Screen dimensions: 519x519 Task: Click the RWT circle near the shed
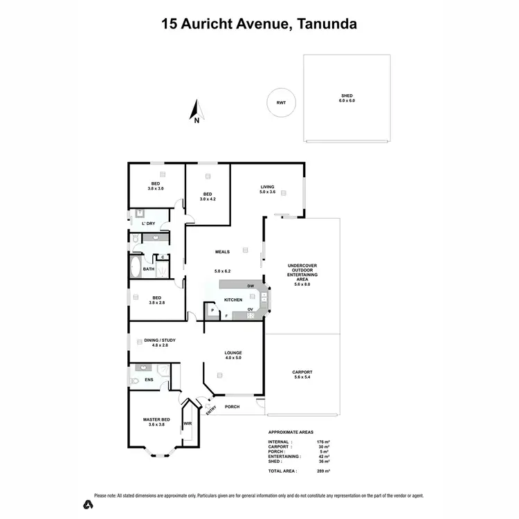click(281, 104)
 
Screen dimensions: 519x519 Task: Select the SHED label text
click(346, 96)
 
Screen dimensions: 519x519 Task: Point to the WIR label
click(188, 424)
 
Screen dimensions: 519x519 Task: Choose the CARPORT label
click(302, 372)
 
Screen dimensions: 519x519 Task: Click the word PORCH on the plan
click(232, 407)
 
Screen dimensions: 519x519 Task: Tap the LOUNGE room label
click(233, 353)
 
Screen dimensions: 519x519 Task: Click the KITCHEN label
click(233, 300)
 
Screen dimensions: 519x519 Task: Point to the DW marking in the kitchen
click(251, 286)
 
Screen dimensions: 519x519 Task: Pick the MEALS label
click(222, 252)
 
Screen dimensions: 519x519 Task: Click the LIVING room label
click(267, 187)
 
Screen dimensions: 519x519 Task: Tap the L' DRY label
click(148, 224)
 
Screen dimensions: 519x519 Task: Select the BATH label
click(148, 269)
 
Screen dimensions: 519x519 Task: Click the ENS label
click(148, 380)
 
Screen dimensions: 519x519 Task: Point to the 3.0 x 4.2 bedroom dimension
click(208, 199)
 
